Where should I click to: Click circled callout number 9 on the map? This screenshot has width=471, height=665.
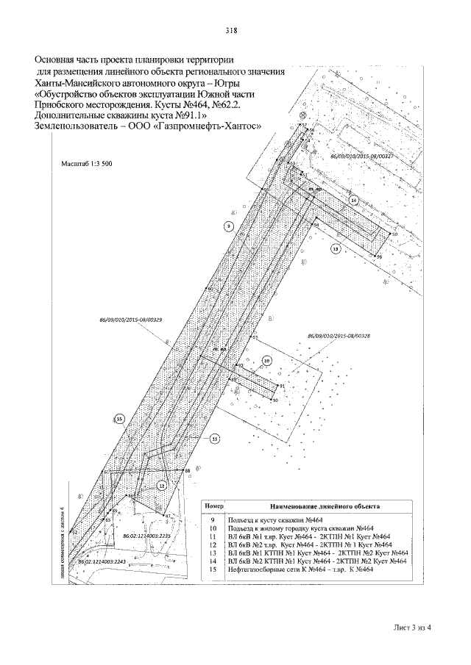tap(229, 226)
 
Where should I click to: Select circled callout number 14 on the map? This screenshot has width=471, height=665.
tap(353, 200)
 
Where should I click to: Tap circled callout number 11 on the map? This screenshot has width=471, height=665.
tap(215, 439)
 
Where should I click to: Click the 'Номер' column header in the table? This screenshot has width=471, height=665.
tap(213, 506)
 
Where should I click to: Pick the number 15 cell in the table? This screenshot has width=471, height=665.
tap(213, 569)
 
